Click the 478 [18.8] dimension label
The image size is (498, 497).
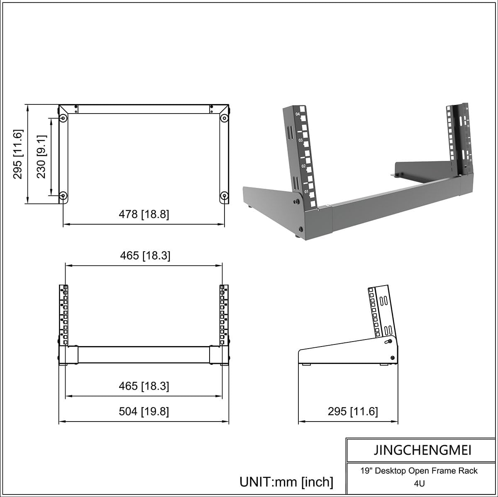pyautogui.click(x=144, y=214)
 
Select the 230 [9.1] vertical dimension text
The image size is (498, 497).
pyautogui.click(x=41, y=157)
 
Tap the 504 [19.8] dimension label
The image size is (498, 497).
pyautogui.click(x=144, y=412)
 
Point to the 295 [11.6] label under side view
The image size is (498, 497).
pyautogui.click(x=353, y=411)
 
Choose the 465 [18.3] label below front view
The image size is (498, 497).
pyautogui.click(x=144, y=386)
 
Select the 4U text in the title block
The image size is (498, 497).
pyautogui.click(x=419, y=483)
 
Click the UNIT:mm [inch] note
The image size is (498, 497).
pyautogui.click(x=286, y=482)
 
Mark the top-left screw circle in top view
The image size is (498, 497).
pyautogui.click(x=63, y=119)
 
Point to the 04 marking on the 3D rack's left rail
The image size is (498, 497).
pyautogui.click(x=297, y=114)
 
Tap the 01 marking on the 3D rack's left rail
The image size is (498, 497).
pyautogui.click(x=306, y=192)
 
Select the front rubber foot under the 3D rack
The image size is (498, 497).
pyautogui.click(x=298, y=237)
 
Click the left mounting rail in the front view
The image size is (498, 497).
pyautogui.click(x=63, y=315)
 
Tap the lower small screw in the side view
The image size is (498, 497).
pyautogui.click(x=392, y=358)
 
